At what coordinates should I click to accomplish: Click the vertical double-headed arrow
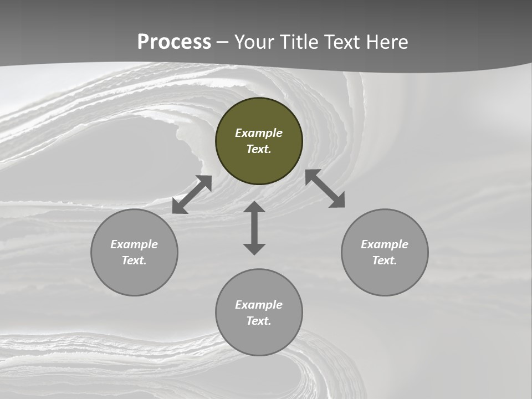[254, 228]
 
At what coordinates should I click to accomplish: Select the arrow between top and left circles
[192, 195]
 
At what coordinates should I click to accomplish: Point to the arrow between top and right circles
[325, 188]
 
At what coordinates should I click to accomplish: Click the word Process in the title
[174, 42]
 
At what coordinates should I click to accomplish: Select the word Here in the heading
[386, 42]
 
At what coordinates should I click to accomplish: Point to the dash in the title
[223, 42]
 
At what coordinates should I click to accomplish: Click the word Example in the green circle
[259, 133]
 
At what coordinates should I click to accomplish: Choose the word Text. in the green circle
[259, 149]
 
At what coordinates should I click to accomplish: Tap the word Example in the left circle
[134, 244]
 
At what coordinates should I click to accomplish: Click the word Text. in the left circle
[134, 260]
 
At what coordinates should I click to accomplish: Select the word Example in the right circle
[385, 244]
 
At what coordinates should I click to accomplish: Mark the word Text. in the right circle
[385, 260]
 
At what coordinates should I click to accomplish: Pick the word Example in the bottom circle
[259, 305]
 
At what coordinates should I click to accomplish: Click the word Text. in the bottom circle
[259, 321]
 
